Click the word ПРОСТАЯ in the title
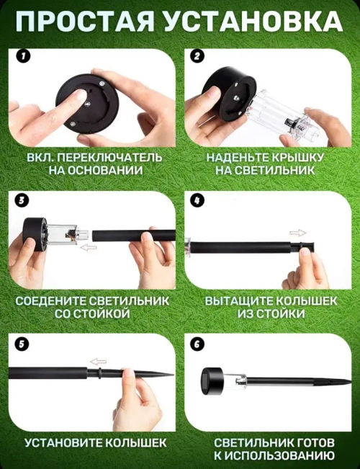pos(87,22)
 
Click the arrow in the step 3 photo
pos(89,247)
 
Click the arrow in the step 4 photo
pos(297,233)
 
